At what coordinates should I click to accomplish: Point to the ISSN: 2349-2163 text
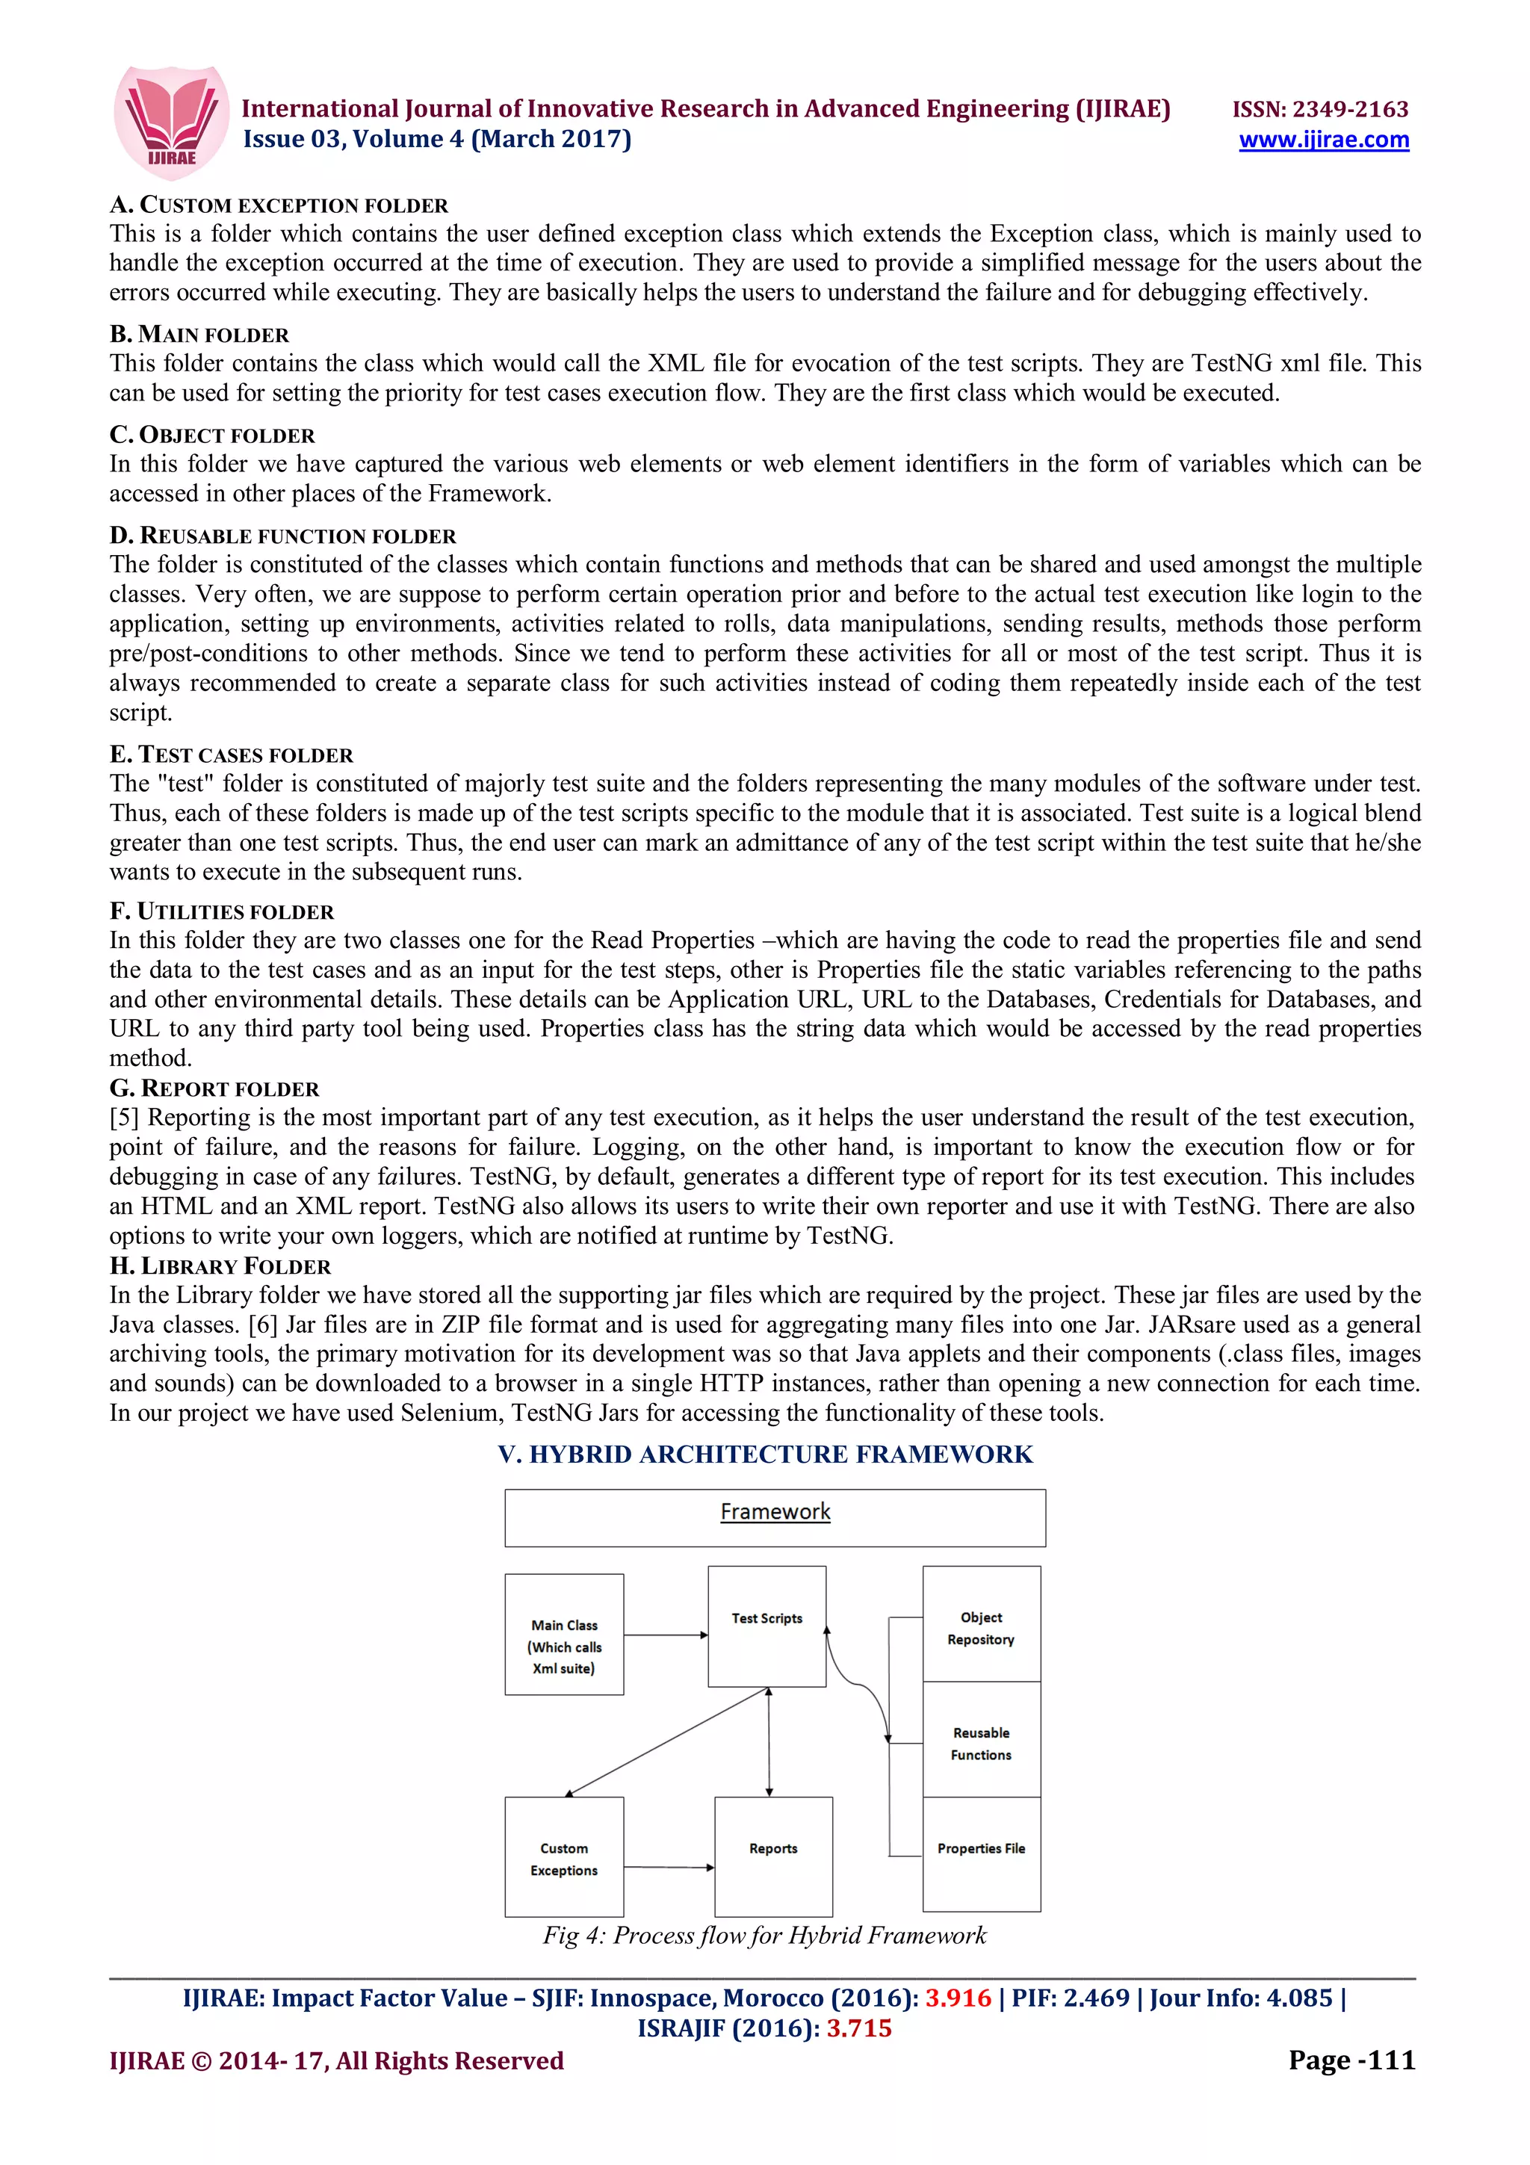[x=1320, y=108]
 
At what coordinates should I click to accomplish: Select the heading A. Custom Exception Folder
[x=279, y=205]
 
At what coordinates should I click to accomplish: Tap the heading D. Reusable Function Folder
[x=283, y=536]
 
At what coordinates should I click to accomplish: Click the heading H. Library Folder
[x=220, y=1266]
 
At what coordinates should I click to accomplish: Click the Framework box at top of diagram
[x=774, y=1517]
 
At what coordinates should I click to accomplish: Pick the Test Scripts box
[x=766, y=1626]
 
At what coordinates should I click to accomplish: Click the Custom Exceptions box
[x=564, y=1858]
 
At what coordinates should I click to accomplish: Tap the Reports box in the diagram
[x=773, y=1855]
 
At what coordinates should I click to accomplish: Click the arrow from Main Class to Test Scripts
[x=665, y=1635]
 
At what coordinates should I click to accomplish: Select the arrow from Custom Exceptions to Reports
[x=667, y=1866]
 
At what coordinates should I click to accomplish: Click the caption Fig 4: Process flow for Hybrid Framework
[x=764, y=1935]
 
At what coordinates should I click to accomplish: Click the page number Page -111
[x=1351, y=2060]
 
